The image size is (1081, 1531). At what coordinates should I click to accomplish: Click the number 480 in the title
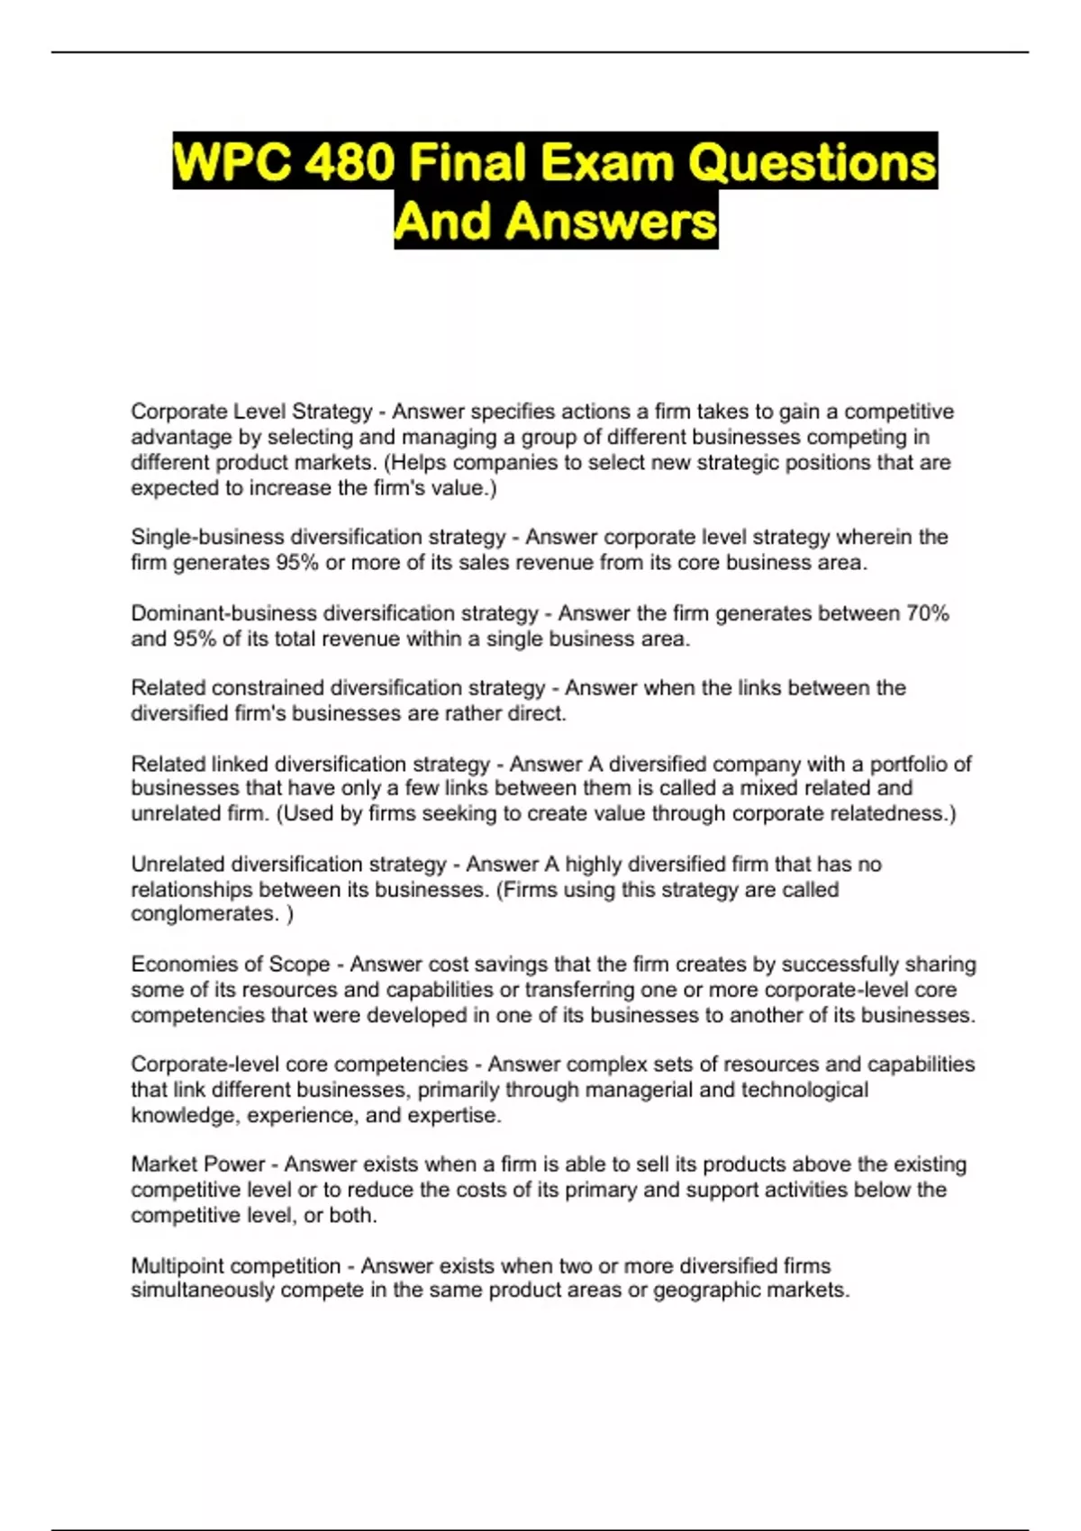point(350,163)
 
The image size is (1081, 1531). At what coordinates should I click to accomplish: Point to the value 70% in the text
point(927,613)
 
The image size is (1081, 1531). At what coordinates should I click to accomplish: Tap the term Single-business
point(207,537)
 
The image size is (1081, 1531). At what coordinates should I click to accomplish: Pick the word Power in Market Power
point(237,1164)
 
